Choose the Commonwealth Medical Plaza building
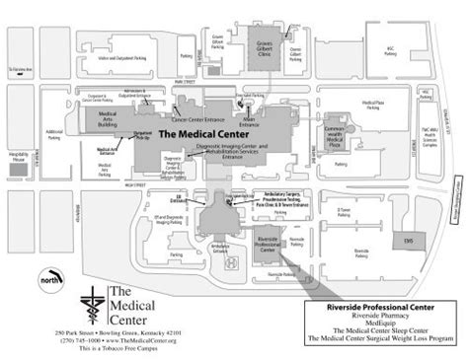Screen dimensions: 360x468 tap(334, 136)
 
